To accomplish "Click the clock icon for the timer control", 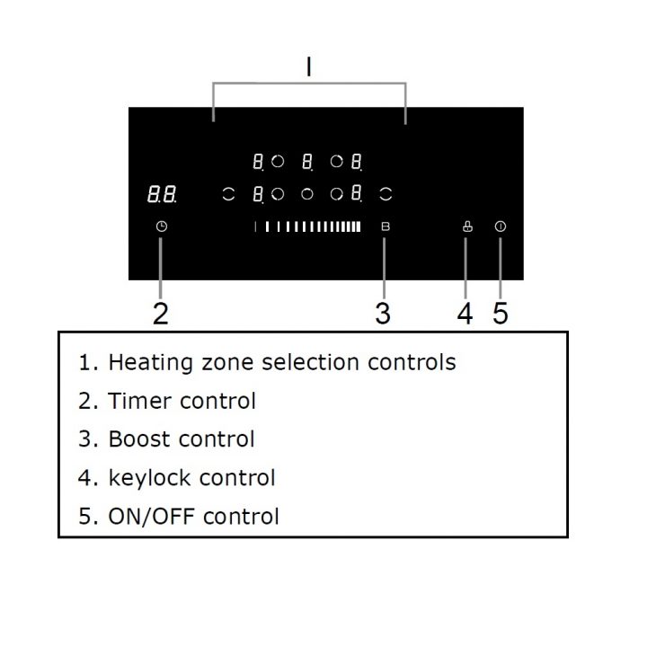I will coord(161,226).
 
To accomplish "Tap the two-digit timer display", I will coord(161,194).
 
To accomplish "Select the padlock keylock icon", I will coord(466,226).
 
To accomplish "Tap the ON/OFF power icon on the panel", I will coord(501,226).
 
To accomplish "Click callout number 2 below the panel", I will coord(161,313).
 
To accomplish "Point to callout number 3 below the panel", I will coord(384,313).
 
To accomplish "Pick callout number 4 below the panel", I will coord(465,313).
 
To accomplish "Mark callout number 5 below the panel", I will coord(501,313).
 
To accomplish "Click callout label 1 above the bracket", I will coord(309,67).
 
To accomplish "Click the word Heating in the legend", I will coord(150,362).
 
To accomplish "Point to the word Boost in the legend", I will coord(139,439).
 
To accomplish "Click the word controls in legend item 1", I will coord(412,362).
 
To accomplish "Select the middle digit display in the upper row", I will coord(308,162).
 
